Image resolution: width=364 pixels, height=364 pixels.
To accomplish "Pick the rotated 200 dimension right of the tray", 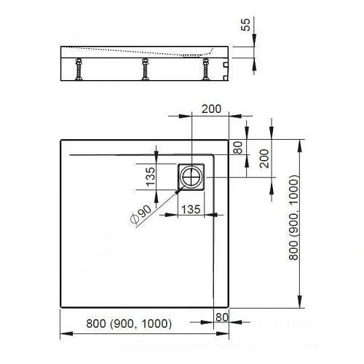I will tap(264, 158).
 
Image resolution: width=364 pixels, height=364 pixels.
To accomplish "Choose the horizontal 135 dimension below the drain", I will tap(191, 209).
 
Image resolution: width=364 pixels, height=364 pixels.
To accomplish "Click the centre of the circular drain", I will tap(192, 175).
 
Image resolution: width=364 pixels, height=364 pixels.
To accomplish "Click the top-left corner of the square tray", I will tap(60, 139).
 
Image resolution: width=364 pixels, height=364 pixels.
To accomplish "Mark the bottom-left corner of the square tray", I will tap(60, 308).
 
